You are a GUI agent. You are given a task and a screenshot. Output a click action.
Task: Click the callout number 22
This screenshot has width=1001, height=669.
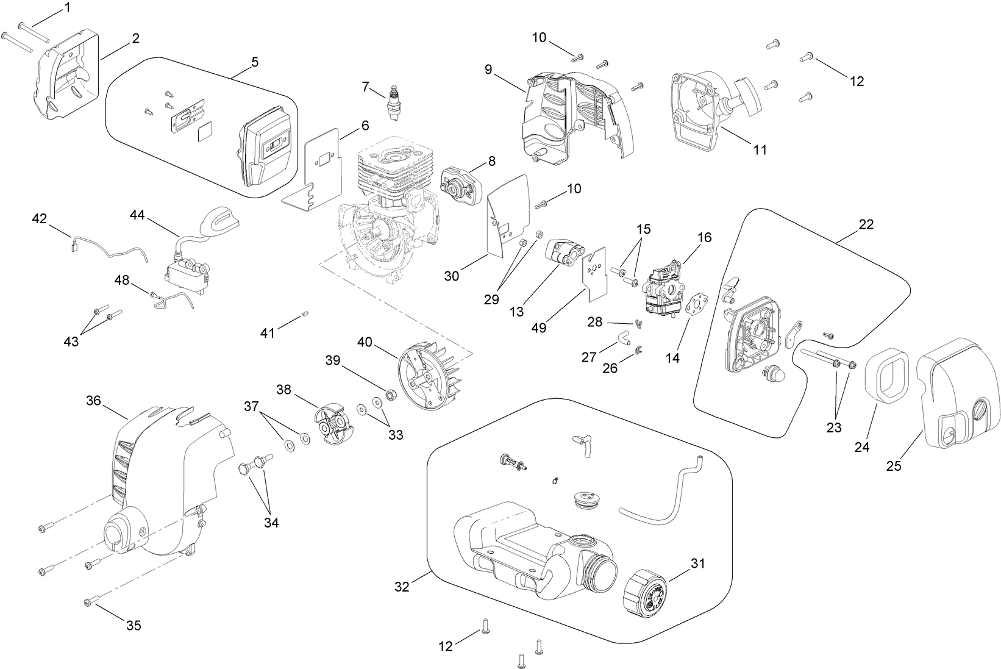click(x=866, y=224)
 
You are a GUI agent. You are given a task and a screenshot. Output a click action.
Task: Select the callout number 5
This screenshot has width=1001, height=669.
click(x=255, y=62)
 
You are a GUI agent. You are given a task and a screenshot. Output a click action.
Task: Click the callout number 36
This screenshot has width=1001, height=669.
click(x=93, y=401)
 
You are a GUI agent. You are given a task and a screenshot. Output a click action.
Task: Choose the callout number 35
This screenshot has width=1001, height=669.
click(x=134, y=625)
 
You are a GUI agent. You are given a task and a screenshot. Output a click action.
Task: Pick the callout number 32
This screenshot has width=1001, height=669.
click(x=402, y=587)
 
